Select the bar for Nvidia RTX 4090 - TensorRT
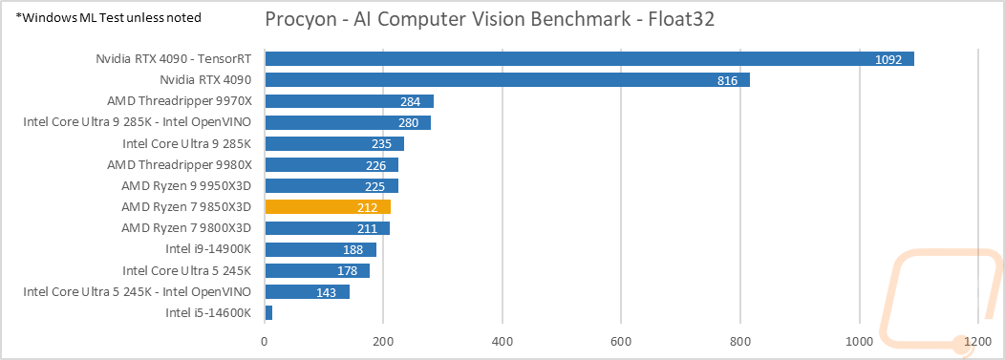point(588,59)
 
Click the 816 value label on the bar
point(727,80)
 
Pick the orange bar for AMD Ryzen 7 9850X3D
point(328,206)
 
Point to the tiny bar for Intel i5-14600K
point(268,312)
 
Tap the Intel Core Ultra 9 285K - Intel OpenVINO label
point(137,122)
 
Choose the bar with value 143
point(307,291)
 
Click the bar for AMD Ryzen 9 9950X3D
point(331,185)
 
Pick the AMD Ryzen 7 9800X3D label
point(186,228)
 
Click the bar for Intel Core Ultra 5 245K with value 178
point(317,270)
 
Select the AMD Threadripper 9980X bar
point(331,164)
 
